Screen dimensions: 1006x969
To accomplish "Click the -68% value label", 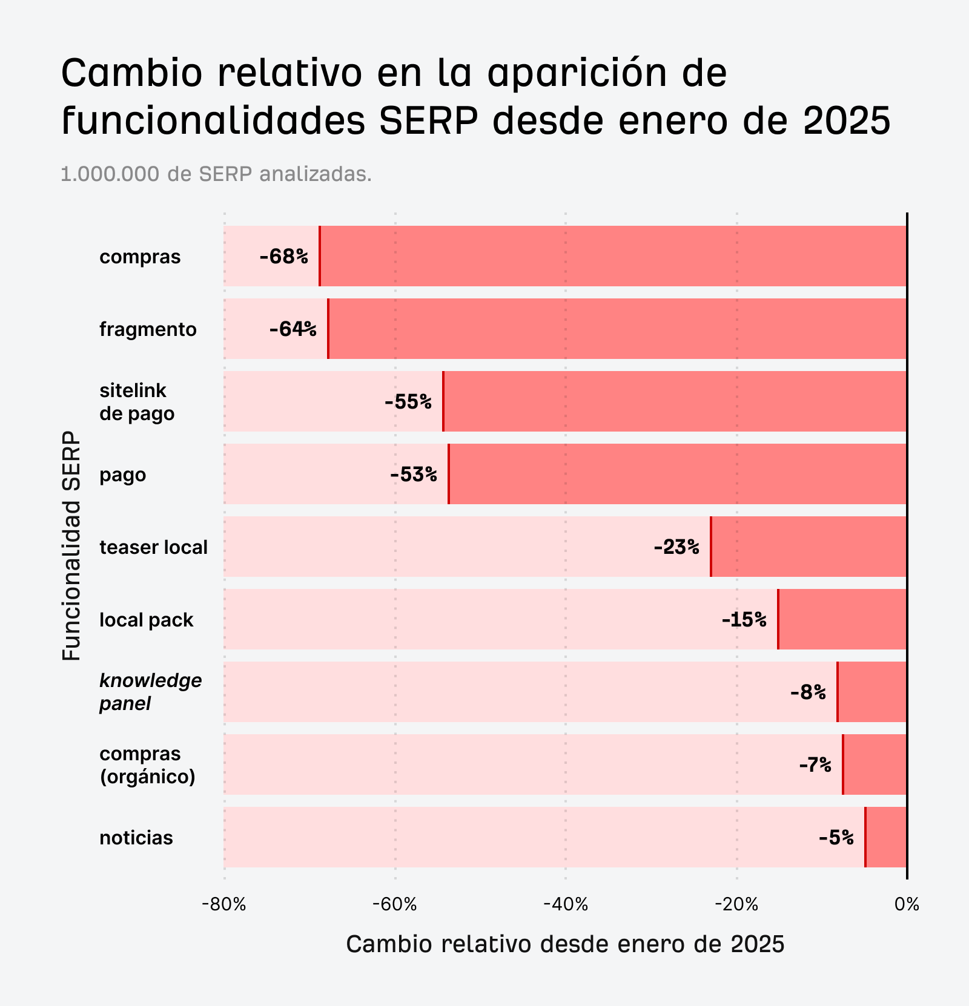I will (x=283, y=257).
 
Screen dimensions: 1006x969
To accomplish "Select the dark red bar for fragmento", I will (x=617, y=329).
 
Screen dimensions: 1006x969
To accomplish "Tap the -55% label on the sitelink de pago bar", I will (x=408, y=402).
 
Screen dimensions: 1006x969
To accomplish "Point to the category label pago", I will (x=123, y=475).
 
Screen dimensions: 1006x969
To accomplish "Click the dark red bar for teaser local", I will (x=809, y=547).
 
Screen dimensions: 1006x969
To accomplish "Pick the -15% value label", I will (x=744, y=620).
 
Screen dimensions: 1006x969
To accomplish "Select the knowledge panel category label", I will (x=150, y=692).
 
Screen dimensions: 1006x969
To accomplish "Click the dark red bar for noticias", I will (x=886, y=837).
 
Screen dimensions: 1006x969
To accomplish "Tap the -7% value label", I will (x=815, y=765).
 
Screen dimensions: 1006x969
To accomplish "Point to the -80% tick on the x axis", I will (x=224, y=905).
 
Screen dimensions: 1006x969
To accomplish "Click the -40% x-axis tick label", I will (x=566, y=905).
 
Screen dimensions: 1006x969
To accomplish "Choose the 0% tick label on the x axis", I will (x=907, y=905).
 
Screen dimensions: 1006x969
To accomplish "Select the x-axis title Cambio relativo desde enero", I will (x=565, y=944).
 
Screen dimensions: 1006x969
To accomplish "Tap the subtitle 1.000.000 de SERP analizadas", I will (x=216, y=174).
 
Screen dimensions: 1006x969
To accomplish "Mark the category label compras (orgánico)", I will (x=147, y=764).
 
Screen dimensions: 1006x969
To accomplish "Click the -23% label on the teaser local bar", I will (x=676, y=547).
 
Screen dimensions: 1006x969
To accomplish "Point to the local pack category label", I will (x=146, y=620).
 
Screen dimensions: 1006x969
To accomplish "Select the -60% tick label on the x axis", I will (x=395, y=905).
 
